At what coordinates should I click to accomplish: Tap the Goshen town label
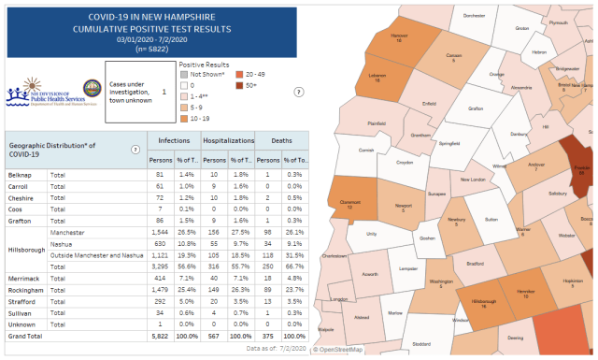[x=427, y=238]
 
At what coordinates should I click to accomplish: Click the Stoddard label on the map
[x=421, y=343]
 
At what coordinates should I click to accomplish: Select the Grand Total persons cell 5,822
[x=154, y=334]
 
